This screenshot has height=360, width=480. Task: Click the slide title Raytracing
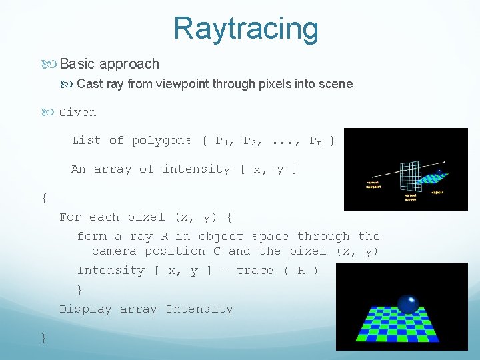click(x=245, y=28)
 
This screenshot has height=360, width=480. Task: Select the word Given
click(x=77, y=112)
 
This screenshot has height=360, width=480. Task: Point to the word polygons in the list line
click(x=161, y=140)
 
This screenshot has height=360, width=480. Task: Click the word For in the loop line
click(x=70, y=217)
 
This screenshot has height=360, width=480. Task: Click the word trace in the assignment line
click(x=255, y=271)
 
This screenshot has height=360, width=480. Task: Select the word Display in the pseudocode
click(x=86, y=309)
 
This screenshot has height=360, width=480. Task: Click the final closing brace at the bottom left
click(x=43, y=338)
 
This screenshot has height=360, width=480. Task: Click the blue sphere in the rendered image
click(x=407, y=304)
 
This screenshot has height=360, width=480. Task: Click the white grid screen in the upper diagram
click(x=407, y=172)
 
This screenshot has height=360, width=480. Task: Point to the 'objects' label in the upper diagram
click(x=437, y=192)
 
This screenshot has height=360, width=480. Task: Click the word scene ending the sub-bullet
click(x=336, y=84)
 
